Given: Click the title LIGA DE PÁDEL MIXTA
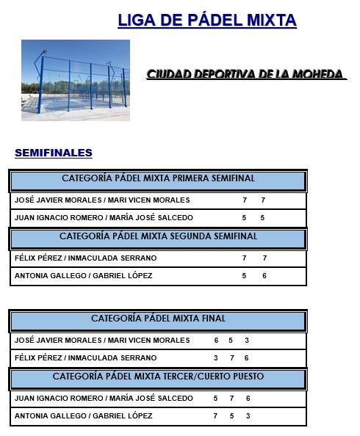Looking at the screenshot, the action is click(206, 20).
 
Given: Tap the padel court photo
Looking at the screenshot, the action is click(75, 80).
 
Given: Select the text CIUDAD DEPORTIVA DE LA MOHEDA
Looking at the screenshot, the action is click(245, 75).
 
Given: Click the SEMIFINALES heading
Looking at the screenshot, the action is click(54, 153).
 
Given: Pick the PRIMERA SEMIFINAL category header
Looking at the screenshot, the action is click(158, 178).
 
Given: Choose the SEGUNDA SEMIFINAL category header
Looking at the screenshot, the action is click(158, 236).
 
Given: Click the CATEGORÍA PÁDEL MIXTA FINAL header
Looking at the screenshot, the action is click(158, 319).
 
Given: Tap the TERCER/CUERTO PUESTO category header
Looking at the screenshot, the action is click(158, 377).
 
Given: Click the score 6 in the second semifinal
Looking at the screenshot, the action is click(264, 275).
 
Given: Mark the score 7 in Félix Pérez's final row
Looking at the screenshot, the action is click(231, 357).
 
